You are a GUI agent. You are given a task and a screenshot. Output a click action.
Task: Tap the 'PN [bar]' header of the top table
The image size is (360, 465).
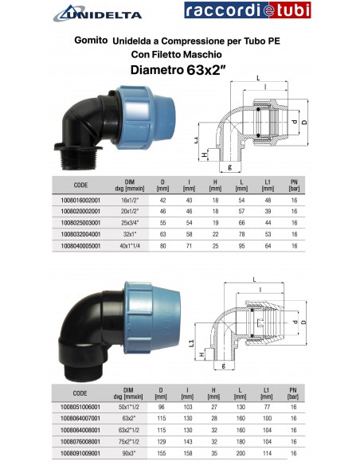294,186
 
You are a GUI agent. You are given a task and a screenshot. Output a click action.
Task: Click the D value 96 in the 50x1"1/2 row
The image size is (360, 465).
162,406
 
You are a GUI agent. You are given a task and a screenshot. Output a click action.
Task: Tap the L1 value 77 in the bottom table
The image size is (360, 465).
268,406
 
